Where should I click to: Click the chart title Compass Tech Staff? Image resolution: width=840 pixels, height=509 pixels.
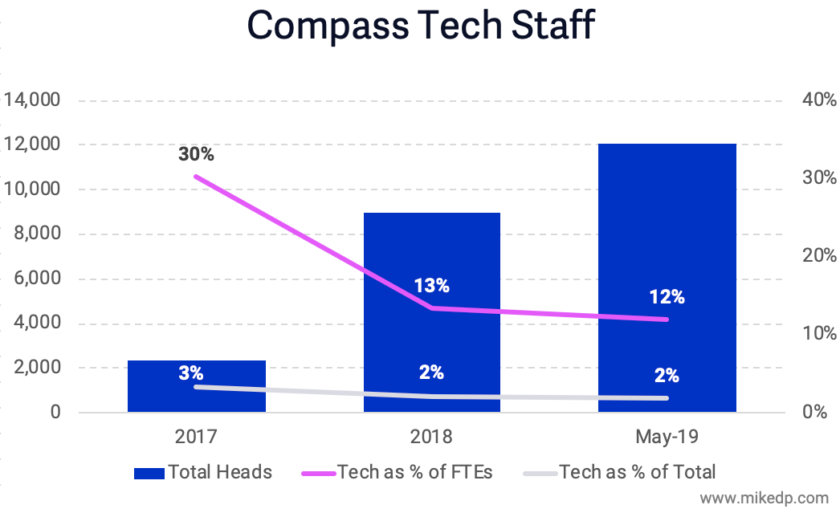click(420, 26)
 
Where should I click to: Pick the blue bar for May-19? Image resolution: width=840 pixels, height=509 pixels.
click(667, 241)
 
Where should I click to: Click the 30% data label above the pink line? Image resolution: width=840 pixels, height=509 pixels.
click(196, 154)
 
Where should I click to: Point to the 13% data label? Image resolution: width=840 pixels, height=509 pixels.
click(431, 286)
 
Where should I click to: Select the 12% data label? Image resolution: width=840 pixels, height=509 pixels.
click(667, 297)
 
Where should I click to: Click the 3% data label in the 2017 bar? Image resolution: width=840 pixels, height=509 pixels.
click(191, 373)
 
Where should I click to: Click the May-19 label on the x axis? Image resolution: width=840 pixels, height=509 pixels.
click(667, 437)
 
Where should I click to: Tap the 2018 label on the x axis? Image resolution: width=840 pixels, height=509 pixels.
click(431, 437)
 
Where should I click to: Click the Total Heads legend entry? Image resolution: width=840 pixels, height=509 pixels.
click(202, 472)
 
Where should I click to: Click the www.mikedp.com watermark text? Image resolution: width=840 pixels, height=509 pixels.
click(762, 497)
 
